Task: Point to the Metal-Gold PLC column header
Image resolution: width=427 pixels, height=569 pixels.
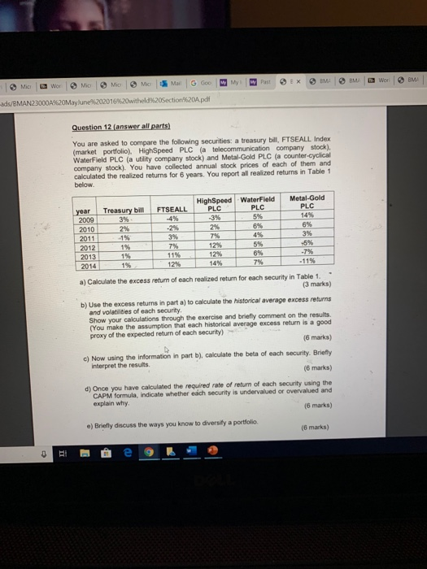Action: [306, 204]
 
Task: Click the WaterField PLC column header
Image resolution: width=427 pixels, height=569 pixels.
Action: [258, 204]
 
